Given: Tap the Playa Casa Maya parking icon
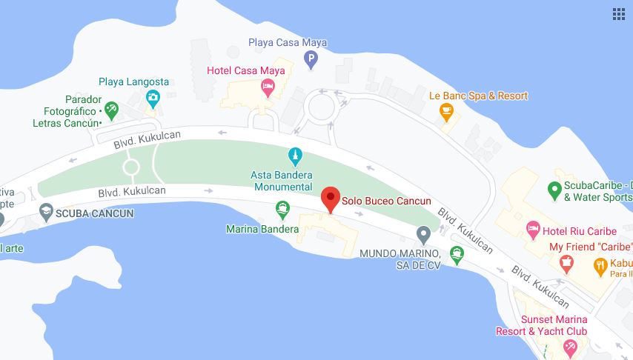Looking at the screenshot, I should tap(311, 59).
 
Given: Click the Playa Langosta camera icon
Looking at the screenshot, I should tap(153, 97).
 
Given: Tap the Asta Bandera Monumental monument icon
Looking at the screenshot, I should tap(295, 156).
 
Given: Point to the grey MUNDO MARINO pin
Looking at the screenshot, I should tap(423, 236).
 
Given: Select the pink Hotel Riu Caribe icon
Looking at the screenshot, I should tap(532, 228).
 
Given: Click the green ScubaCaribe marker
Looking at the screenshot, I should tap(554, 190).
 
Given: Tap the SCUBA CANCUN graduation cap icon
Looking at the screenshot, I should tap(46, 213).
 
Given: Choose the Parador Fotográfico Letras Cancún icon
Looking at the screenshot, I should tap(111, 110).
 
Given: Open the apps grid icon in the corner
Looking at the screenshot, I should tap(619, 14).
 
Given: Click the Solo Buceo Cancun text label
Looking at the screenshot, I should tap(386, 201).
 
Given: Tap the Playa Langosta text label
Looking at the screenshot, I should tap(134, 81).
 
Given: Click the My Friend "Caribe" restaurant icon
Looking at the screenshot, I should tap(567, 261).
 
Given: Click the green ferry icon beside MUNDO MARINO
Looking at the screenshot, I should tap(457, 256).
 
